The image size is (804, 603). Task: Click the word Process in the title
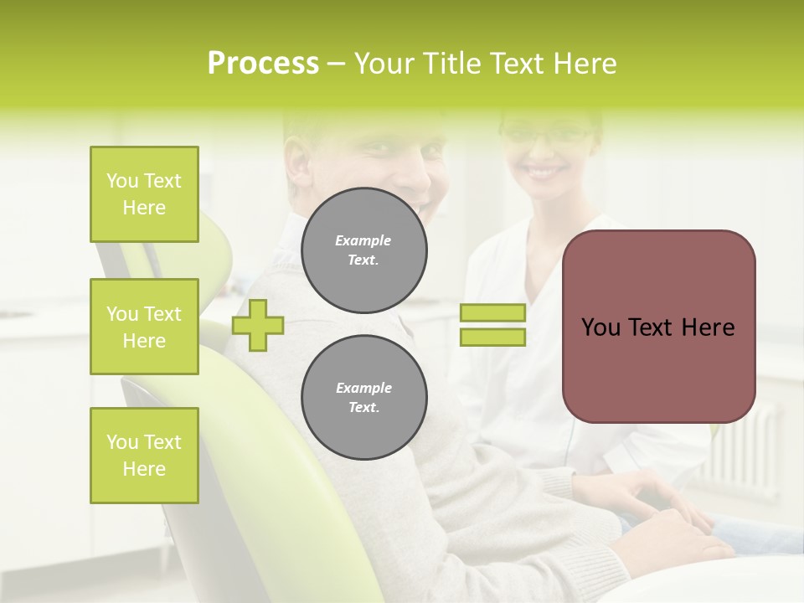coord(263,64)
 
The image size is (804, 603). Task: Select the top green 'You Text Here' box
coord(144,194)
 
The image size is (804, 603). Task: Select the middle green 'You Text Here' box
coord(144,327)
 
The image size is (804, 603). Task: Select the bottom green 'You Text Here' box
coord(144,456)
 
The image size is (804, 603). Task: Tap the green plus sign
coord(258,325)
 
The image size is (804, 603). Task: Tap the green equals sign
coord(492,325)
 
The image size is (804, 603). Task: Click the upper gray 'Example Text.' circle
coord(364,250)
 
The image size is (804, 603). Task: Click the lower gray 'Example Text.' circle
coord(364,398)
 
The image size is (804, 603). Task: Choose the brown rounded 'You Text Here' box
coord(658,327)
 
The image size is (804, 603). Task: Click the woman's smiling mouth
coord(544,171)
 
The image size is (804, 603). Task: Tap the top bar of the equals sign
coord(492,313)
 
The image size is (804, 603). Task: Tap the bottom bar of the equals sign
coord(492,337)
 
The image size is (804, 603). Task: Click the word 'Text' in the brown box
coord(655,327)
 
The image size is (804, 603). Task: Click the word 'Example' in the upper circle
coord(363,240)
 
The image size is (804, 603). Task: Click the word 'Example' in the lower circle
coord(363,388)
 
